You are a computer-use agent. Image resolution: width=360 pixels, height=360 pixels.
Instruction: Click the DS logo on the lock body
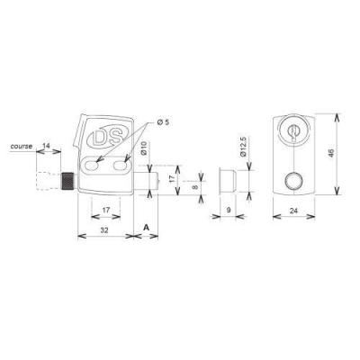(108, 139)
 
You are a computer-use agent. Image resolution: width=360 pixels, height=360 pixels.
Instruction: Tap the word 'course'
(21, 147)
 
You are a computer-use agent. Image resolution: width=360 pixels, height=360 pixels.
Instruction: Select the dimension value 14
(46, 146)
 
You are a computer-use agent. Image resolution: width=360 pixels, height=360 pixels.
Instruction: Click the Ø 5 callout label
(164, 122)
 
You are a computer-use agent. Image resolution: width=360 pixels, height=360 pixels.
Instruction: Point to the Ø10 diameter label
(144, 148)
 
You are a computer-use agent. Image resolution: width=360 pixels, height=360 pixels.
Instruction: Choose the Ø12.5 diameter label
(243, 147)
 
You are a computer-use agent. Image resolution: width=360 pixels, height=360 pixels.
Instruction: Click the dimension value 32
(104, 230)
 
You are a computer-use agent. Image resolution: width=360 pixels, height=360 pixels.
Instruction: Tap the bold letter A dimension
(146, 228)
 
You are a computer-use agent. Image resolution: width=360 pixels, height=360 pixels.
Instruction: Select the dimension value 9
(229, 211)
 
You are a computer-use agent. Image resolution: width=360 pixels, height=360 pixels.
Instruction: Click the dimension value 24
(294, 211)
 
